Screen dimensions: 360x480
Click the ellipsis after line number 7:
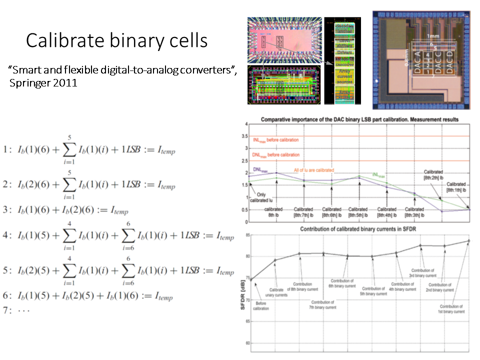pyautogui.click(x=24, y=309)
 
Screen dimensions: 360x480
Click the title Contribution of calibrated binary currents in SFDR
pyautogui.click(x=358, y=229)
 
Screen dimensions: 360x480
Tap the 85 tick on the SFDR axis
pyautogui.click(x=246, y=234)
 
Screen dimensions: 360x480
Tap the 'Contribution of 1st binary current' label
pyautogui.click(x=453, y=309)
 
